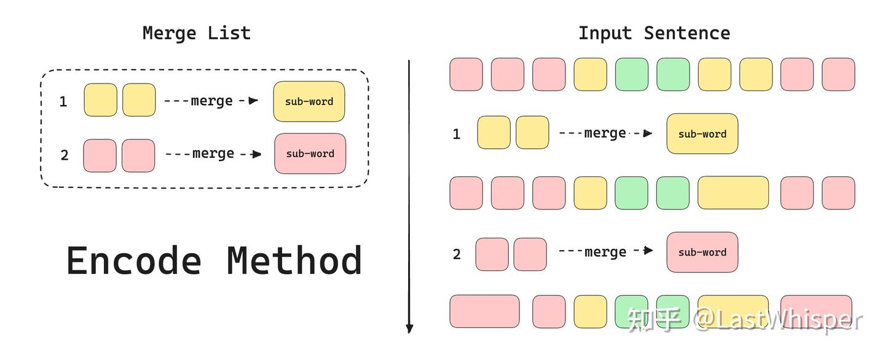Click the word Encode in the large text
click(x=133, y=260)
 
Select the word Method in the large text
click(x=294, y=260)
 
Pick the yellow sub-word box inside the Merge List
click(x=309, y=101)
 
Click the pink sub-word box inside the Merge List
click(x=310, y=154)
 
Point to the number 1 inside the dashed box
click(x=63, y=101)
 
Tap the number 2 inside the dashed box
click(x=65, y=155)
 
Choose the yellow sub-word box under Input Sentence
click(x=702, y=133)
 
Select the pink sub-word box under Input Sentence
click(x=702, y=252)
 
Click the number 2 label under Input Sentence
click(x=457, y=254)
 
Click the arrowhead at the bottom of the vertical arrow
click(x=409, y=328)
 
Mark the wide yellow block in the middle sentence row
click(x=733, y=193)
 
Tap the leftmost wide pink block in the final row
click(x=484, y=311)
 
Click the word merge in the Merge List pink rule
click(x=213, y=154)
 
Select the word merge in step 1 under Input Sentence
click(x=605, y=133)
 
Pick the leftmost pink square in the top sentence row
click(x=466, y=74)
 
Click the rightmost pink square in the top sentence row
click(x=838, y=74)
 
